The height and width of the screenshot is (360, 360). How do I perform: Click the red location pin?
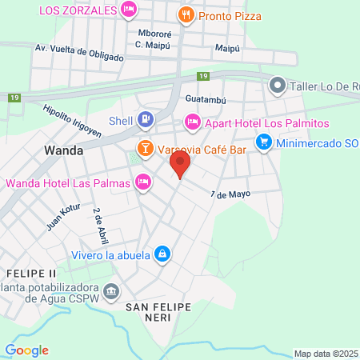click(180, 166)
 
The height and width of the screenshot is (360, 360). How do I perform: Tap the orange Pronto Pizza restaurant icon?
click(186, 14)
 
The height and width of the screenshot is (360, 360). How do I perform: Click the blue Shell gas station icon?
click(145, 121)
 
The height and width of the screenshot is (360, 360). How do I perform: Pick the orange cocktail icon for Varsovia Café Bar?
click(145, 147)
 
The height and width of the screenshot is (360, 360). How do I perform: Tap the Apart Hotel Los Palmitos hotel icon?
click(192, 122)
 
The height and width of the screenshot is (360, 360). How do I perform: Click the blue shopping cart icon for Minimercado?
click(263, 142)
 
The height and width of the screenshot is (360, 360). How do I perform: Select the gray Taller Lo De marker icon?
click(278, 84)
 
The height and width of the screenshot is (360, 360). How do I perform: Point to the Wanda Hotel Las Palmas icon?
click(143, 182)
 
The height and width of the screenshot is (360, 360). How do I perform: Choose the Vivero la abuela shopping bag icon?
click(162, 254)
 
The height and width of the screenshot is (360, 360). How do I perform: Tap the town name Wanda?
click(64, 150)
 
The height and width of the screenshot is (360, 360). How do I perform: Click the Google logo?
click(26, 350)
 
